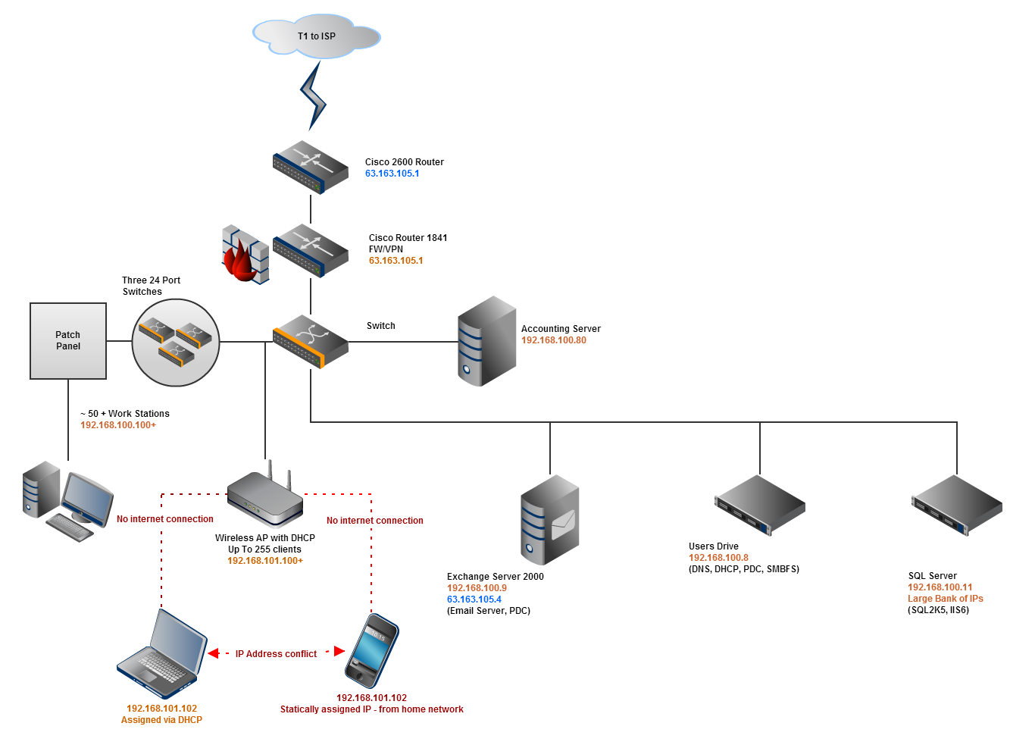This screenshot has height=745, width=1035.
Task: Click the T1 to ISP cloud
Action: coord(316,36)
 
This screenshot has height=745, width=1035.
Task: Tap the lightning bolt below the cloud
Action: coord(313,96)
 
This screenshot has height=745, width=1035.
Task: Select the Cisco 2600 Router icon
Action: coord(311,167)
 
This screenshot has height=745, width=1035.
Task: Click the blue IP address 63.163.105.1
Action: coord(392,174)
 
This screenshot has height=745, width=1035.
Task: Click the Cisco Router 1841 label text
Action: coord(408,238)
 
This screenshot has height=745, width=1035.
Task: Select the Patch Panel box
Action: coord(68,341)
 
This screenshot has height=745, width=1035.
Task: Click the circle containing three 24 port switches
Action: coord(176,343)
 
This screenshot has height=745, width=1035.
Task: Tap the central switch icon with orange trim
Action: coord(311,341)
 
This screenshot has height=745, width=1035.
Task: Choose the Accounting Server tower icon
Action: coord(486,341)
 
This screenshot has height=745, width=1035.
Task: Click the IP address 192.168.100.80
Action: coord(553,340)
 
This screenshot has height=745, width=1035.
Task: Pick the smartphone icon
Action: coord(371,651)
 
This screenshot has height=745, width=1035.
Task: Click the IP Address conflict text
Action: coord(276,654)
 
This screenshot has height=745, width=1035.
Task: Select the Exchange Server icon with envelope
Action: coord(550,520)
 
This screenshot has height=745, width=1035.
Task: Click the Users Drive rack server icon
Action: coord(759,505)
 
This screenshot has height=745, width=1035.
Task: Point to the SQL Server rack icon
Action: coord(956,505)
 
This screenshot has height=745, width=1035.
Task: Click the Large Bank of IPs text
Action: coord(945,599)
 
